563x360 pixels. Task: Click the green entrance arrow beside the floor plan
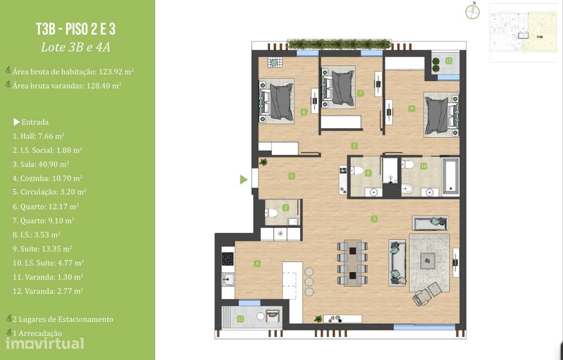(244, 180)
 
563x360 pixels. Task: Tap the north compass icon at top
(473, 12)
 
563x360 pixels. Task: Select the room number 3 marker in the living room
(374, 219)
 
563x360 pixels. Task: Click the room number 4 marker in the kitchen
(257, 263)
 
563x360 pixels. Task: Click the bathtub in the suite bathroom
(450, 176)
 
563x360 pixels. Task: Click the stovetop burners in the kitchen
(228, 259)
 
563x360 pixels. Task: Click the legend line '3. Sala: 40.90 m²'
(40, 164)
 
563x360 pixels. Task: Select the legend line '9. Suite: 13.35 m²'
(43, 249)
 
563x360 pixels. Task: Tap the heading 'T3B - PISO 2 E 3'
(75, 29)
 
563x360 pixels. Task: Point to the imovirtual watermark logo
(45, 343)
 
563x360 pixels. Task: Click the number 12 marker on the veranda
(240, 319)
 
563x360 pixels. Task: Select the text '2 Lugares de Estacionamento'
(62, 319)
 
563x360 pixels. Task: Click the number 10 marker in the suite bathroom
(424, 166)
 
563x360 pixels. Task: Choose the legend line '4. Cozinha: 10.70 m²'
(47, 178)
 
